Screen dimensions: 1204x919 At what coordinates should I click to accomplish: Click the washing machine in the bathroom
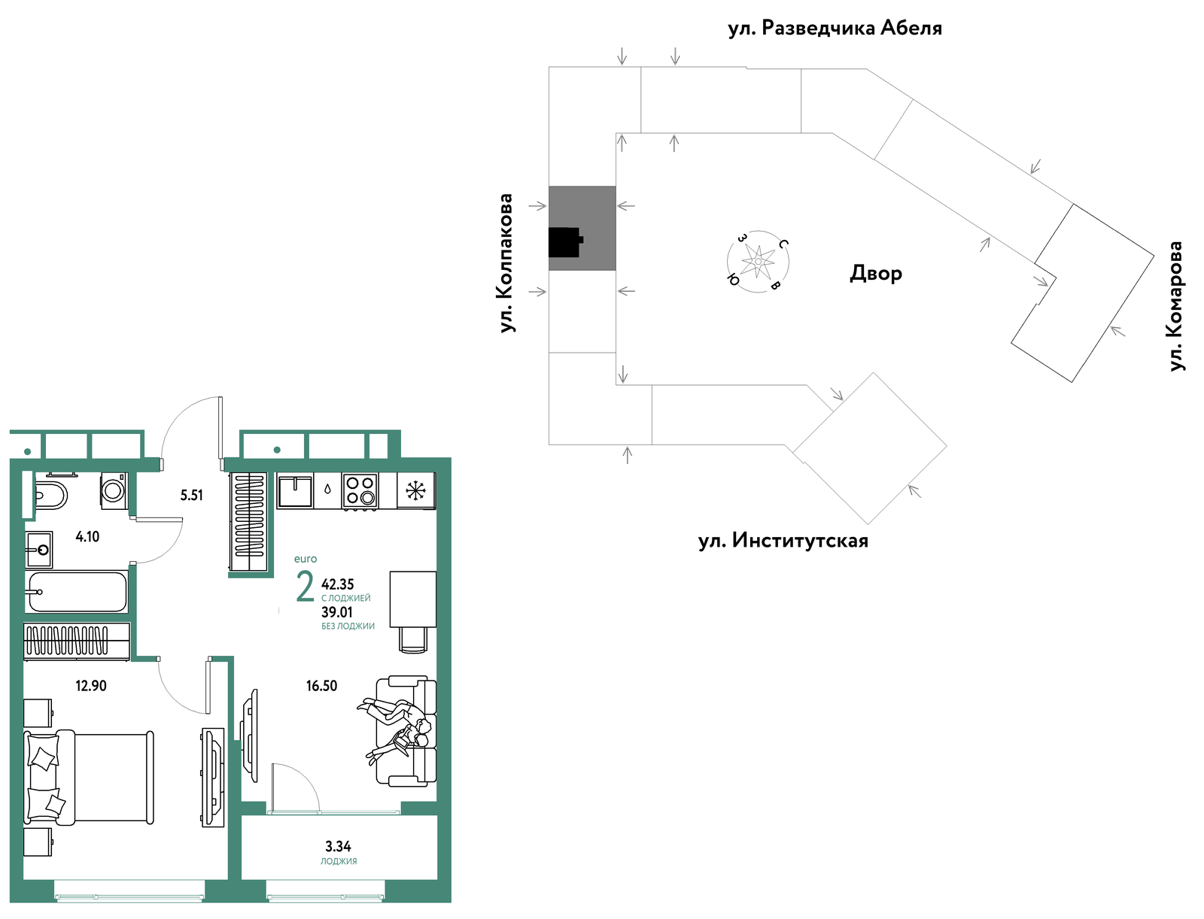pyautogui.click(x=114, y=490)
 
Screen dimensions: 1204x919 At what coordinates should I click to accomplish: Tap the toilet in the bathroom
pyautogui.click(x=50, y=496)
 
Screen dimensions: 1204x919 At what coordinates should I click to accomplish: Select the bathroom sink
pyautogui.click(x=39, y=550)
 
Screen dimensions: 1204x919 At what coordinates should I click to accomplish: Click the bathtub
pyautogui.click(x=77, y=592)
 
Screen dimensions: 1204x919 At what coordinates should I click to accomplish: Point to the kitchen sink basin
pyautogui.click(x=295, y=490)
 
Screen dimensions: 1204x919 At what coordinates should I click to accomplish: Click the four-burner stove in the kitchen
pyautogui.click(x=360, y=490)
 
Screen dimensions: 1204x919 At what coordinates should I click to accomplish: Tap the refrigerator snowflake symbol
pyautogui.click(x=416, y=490)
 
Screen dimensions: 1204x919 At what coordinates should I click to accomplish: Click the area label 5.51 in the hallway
pyautogui.click(x=191, y=496)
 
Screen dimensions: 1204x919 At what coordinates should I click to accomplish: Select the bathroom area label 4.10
pyautogui.click(x=88, y=536)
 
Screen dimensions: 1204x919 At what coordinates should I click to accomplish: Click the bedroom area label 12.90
pyautogui.click(x=91, y=686)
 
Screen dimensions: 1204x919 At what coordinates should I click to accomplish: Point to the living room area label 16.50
pyautogui.click(x=321, y=686)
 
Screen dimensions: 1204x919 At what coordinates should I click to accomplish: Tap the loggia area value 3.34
pyautogui.click(x=338, y=846)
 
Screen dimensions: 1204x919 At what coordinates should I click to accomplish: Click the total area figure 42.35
pyautogui.click(x=338, y=584)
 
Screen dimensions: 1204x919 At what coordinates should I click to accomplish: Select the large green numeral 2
pyautogui.click(x=305, y=586)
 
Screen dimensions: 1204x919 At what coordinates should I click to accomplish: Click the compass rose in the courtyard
pyautogui.click(x=758, y=262)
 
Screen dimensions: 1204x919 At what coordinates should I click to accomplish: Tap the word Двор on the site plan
pyautogui.click(x=876, y=273)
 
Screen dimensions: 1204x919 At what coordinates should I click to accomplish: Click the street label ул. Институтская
pyautogui.click(x=783, y=540)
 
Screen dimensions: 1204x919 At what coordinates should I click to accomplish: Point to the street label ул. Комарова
pyautogui.click(x=1175, y=306)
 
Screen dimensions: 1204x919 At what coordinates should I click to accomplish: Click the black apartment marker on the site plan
pyautogui.click(x=565, y=242)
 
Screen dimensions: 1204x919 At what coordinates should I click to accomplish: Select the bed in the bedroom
pyautogui.click(x=89, y=778)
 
